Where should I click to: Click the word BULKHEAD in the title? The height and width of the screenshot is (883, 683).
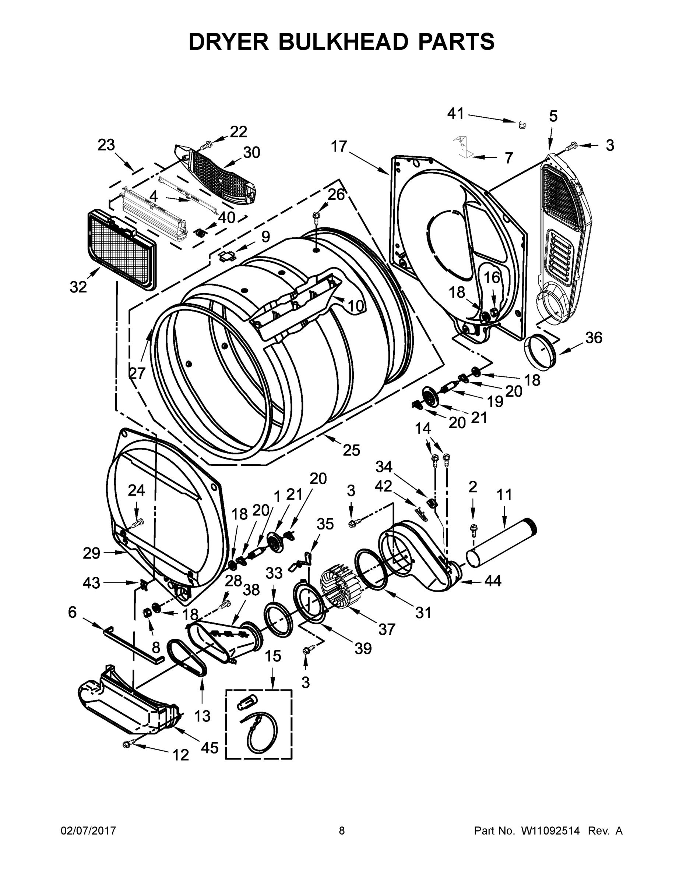point(342,42)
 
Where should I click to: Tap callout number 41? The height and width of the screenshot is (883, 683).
point(455,114)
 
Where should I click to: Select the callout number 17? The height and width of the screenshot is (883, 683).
point(339,146)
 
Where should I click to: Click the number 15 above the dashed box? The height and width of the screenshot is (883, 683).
point(273,656)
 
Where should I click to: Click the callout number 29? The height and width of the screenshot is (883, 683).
point(91,553)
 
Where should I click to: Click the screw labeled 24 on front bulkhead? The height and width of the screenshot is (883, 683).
point(138,523)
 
